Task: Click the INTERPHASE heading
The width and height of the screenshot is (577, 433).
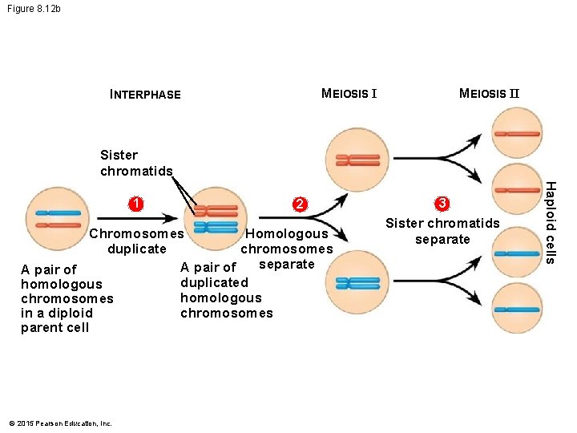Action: tap(145, 95)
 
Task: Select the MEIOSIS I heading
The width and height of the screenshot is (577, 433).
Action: tap(349, 94)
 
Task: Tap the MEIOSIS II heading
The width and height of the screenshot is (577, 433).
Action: tap(489, 94)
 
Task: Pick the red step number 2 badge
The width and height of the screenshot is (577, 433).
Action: tap(298, 204)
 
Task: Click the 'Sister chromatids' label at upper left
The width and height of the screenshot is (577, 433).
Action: tap(135, 163)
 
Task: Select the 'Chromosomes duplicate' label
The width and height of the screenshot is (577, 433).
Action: tap(136, 241)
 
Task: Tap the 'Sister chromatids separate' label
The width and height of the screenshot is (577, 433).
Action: tap(442, 231)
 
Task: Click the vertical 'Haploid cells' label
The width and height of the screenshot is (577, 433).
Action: tap(551, 221)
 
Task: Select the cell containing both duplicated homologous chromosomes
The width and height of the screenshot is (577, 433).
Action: tap(216, 219)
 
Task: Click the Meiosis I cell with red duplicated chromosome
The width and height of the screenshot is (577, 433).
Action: tap(358, 160)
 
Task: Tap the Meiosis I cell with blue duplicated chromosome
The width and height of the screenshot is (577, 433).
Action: tap(358, 282)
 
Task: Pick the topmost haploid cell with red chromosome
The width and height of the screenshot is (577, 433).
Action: tap(517, 133)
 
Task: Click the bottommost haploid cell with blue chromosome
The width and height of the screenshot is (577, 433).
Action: tap(517, 307)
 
